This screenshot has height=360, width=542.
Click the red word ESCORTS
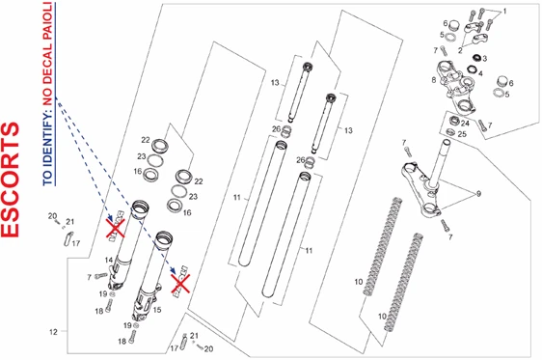[11, 180]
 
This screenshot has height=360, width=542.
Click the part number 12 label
[53, 332]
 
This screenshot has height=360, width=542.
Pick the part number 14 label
[109, 260]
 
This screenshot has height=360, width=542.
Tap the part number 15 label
[157, 310]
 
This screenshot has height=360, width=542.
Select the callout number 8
[433, 80]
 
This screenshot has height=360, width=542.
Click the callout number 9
[478, 194]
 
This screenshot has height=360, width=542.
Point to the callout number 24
[465, 124]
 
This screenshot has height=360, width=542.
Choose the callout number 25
[462, 134]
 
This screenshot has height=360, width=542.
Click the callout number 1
[504, 12]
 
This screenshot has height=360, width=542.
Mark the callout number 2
[460, 50]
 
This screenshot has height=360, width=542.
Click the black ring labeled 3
[477, 57]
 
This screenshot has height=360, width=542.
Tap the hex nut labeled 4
[472, 69]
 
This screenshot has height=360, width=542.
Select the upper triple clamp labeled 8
[456, 87]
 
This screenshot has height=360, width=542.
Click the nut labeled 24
[454, 121]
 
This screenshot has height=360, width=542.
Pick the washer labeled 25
[450, 132]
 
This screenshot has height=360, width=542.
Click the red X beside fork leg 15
[180, 284]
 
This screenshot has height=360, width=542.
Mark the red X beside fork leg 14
[115, 228]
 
